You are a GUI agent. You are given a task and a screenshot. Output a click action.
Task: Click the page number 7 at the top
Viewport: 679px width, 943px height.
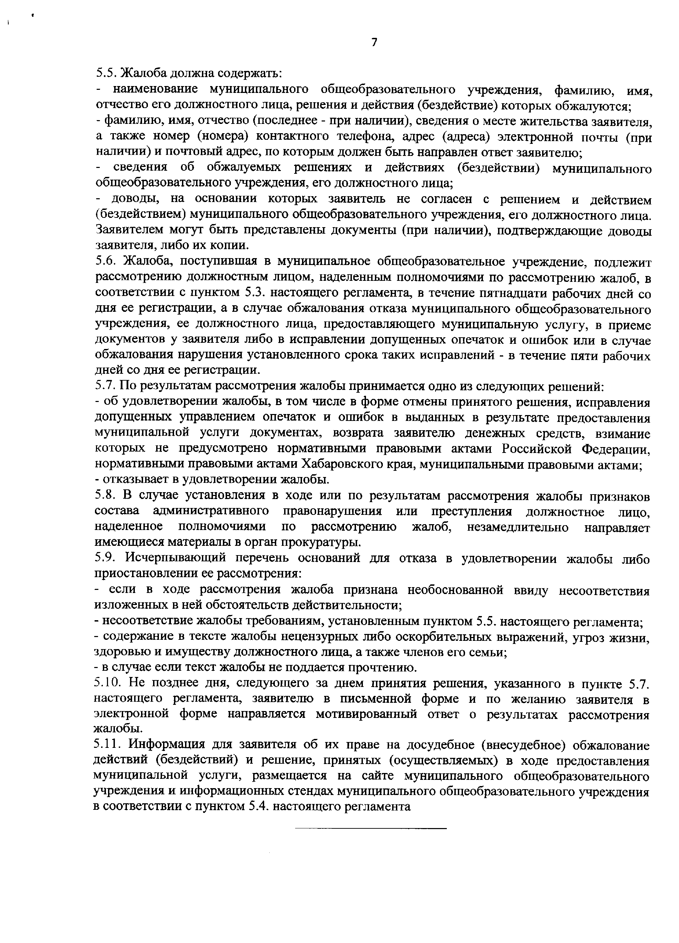click(x=374, y=42)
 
